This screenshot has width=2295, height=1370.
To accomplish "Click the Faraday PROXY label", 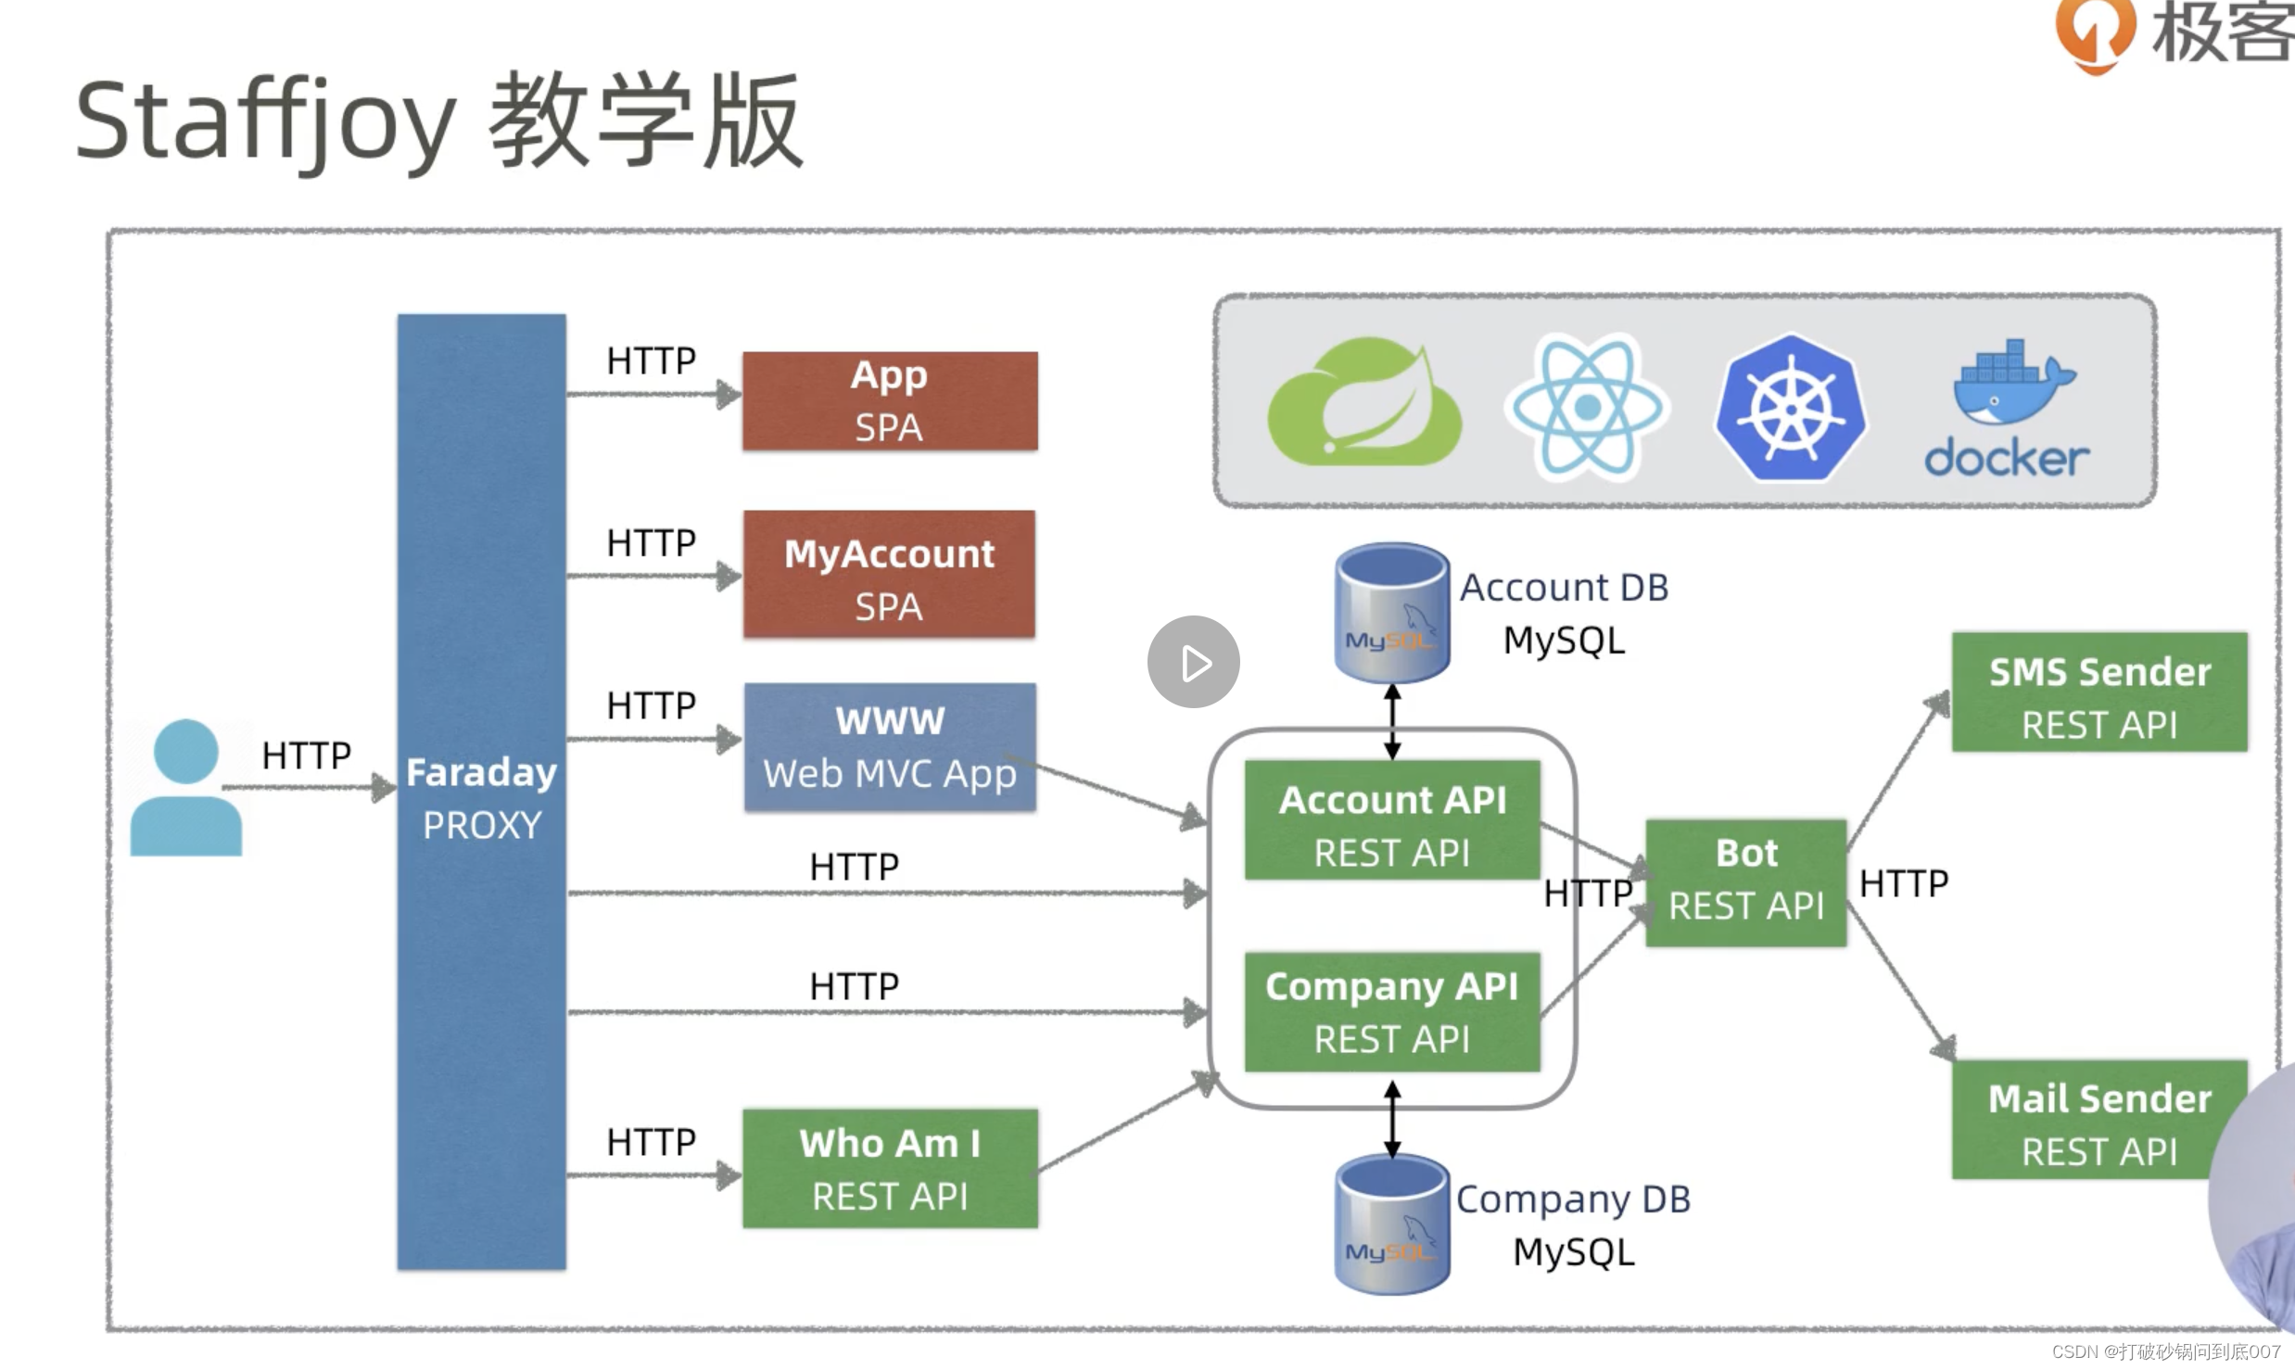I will tap(481, 798).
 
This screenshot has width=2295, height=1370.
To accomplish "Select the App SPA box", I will tap(890, 401).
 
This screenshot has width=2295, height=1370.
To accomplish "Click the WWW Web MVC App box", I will tap(890, 747).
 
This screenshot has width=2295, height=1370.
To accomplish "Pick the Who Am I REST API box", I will tap(890, 1169).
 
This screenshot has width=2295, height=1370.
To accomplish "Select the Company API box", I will tap(1392, 1012).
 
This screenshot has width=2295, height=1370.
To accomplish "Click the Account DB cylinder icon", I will tap(1392, 613).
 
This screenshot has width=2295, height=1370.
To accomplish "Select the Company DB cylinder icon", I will tap(1392, 1224).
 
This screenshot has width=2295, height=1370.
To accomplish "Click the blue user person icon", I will tap(186, 788).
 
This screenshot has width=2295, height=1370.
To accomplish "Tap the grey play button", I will tap(1194, 662).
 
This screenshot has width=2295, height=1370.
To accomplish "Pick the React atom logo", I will tap(1587, 406).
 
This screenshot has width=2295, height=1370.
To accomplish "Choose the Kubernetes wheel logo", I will tap(1790, 408).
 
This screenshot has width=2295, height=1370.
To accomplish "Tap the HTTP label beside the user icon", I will tap(306, 755).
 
